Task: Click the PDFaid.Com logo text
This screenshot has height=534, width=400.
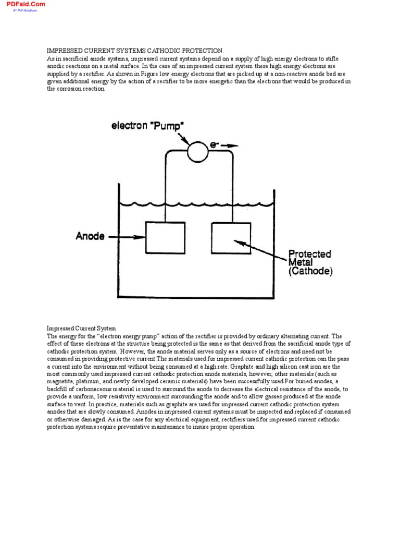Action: point(26,4)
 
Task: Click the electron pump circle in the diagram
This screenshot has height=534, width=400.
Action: point(197,151)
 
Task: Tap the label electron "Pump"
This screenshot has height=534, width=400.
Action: point(148,126)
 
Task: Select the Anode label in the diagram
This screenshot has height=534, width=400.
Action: point(90,236)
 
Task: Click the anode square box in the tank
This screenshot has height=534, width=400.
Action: point(165,237)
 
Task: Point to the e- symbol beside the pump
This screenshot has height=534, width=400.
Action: point(214,146)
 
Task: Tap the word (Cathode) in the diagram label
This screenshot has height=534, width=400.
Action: point(310,271)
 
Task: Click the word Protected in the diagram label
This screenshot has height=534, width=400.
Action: point(310,254)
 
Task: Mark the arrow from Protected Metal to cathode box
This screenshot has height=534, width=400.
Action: point(260,250)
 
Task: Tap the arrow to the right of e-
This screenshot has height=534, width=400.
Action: point(229,147)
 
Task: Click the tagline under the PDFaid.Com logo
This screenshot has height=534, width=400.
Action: point(25,10)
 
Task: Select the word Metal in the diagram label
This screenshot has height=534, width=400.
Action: point(301,263)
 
